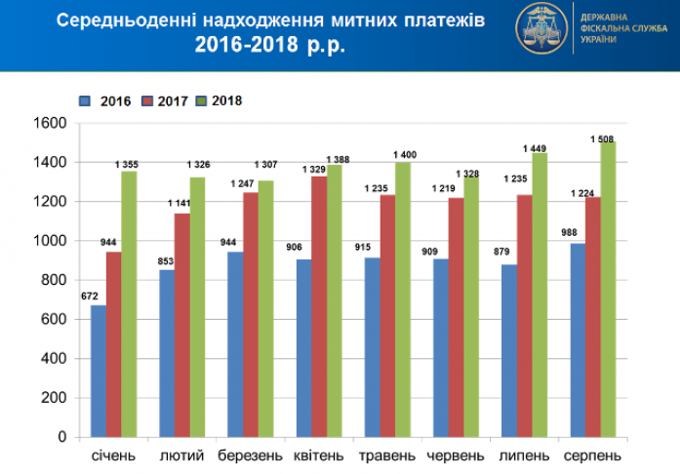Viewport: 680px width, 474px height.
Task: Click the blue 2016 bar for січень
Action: click(99, 371)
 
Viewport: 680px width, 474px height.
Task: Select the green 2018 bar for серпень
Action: click(608, 289)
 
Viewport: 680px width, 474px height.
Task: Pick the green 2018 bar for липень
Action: click(540, 295)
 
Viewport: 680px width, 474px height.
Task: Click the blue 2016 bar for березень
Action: click(235, 344)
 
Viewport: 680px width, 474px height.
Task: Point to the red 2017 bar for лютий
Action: click(181, 325)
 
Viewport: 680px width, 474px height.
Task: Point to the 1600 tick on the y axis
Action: click(50, 123)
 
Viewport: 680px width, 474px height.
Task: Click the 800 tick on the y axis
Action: click(54, 280)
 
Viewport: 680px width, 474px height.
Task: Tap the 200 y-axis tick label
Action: click(54, 398)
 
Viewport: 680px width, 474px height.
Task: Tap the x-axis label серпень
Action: click(592, 456)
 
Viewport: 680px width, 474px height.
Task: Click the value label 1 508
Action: click(604, 138)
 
